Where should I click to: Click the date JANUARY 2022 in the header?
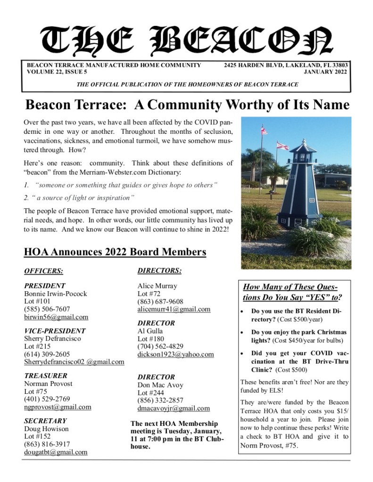[x=325, y=72]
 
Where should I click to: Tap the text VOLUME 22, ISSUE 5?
[x=57, y=72]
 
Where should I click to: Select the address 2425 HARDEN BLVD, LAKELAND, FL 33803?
[x=286, y=65]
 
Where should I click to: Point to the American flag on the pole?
[x=264, y=130]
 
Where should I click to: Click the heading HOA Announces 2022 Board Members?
[x=115, y=252]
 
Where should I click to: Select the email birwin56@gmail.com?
[x=56, y=317]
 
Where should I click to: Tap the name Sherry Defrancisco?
[x=52, y=339]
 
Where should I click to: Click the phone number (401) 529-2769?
[x=47, y=399]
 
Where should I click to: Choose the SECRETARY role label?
[x=45, y=421]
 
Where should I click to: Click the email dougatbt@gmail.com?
[x=56, y=452]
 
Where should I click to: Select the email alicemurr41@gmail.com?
[x=174, y=309]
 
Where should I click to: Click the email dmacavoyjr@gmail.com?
[x=174, y=408]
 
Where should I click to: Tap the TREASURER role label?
[x=46, y=376]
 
